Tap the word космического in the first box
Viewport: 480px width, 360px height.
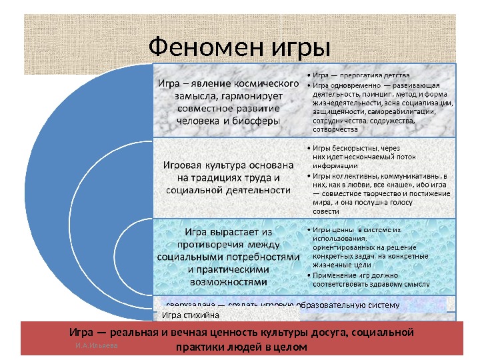[x=262, y=84]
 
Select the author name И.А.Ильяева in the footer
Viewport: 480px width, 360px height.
[x=97, y=346]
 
